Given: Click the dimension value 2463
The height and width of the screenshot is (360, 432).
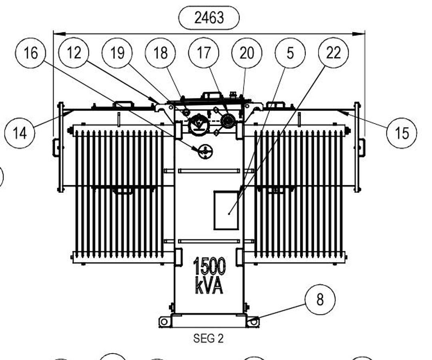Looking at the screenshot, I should [x=209, y=18].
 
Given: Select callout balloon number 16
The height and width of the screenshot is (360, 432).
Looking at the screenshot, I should [x=30, y=53].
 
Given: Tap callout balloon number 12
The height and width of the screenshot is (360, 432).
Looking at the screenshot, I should [x=74, y=53].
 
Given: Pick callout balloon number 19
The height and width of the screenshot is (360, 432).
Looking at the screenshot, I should [x=117, y=53].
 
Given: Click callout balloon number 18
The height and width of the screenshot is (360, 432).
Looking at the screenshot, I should [x=160, y=53].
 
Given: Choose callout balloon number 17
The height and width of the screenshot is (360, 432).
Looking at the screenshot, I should [x=204, y=53].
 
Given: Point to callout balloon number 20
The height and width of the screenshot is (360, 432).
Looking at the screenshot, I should [x=247, y=53].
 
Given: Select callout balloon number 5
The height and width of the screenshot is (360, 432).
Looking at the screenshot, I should [x=290, y=53].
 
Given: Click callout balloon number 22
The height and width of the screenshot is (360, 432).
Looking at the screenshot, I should [x=333, y=53].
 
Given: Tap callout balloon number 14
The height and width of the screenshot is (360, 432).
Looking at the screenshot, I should [x=20, y=133].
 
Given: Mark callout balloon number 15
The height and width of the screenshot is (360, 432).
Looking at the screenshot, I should [x=402, y=133].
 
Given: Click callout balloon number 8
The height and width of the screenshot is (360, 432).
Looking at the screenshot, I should [x=320, y=299].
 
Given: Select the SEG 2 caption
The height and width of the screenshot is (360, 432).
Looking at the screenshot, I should [x=208, y=338].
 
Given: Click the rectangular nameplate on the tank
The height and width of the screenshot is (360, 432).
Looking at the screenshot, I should [x=226, y=210].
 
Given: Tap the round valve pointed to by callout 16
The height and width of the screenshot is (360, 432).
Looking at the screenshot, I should [x=205, y=152].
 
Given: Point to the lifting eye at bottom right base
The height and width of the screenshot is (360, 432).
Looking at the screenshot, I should [x=253, y=322].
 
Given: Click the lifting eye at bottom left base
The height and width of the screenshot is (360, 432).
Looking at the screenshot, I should [x=164, y=322].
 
